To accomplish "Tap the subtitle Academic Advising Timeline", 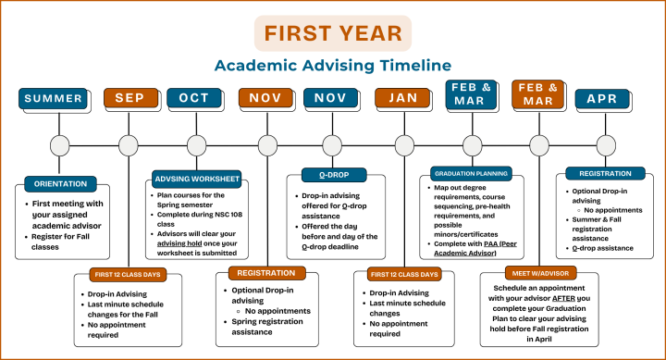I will pyautogui.click(x=333, y=66).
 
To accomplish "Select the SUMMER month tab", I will pyautogui.click(x=54, y=98).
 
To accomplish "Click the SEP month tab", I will pyautogui.click(x=129, y=98).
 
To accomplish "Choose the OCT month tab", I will pyautogui.click(x=194, y=98).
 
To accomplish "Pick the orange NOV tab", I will pyautogui.click(x=266, y=98).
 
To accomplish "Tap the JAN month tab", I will pyautogui.click(x=403, y=98).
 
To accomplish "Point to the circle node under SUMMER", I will pyautogui.click(x=60, y=145).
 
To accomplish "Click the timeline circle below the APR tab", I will pyautogui.click(x=606, y=145).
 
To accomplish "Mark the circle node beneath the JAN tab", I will pyautogui.click(x=404, y=145).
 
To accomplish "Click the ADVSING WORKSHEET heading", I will pyautogui.click(x=196, y=178).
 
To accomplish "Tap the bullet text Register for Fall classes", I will pyautogui.click(x=70, y=241).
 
